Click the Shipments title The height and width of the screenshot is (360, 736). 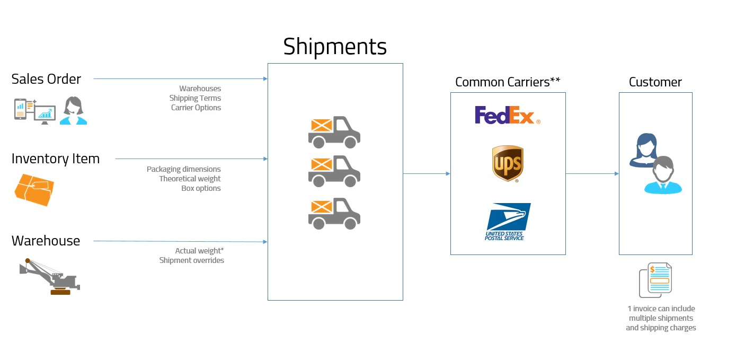point(335,47)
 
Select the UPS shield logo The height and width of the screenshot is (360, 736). point(508,164)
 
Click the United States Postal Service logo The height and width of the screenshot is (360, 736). point(508,222)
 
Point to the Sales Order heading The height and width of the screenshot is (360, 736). point(46,79)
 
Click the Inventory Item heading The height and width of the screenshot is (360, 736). point(55,159)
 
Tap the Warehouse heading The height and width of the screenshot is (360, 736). point(46,241)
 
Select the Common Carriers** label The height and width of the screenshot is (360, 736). point(508,82)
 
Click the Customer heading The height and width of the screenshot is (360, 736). point(655,82)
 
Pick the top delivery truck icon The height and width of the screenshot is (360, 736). point(334,131)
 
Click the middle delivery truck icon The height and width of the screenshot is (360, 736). point(334,171)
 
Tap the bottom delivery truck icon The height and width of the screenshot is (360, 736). point(334,213)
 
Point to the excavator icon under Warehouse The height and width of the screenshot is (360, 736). point(49,276)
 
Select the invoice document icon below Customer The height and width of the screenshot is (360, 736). point(655,280)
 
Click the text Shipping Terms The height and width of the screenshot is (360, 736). point(195,98)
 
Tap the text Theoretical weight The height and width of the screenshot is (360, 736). point(190,179)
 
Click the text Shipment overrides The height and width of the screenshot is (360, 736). point(191,260)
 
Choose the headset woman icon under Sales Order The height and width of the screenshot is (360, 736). point(73,111)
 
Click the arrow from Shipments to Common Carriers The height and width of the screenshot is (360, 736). point(427,173)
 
